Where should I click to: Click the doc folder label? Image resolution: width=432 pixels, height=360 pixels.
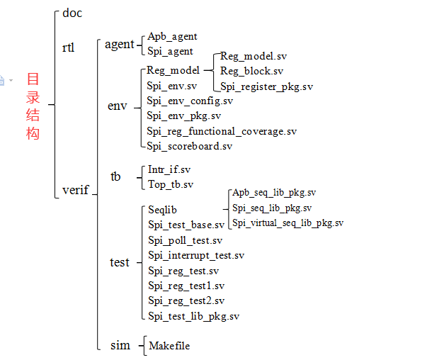pos(72,13)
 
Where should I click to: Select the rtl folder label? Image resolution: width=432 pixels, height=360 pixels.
pos(69,48)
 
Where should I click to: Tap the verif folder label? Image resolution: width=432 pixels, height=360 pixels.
pos(75,190)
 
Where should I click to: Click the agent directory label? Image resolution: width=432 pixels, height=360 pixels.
pos(119,44)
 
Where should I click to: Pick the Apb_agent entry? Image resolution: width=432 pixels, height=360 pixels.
pos(172,37)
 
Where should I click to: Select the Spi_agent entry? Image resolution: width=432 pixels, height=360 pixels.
pos(170,51)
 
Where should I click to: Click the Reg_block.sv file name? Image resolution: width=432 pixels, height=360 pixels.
pos(251,71)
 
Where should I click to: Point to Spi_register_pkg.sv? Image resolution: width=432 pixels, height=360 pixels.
pos(266,86)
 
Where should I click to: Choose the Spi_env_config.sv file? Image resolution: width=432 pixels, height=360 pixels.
pos(190,101)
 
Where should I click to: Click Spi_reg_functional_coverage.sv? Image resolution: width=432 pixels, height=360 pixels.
pos(222,131)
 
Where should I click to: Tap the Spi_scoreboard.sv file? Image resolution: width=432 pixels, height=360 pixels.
pos(189,146)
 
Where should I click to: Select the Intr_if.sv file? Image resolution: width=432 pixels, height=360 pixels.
pos(169,170)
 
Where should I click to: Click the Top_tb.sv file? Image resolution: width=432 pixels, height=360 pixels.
pos(171,184)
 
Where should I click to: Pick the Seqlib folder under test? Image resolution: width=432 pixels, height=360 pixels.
pos(163,210)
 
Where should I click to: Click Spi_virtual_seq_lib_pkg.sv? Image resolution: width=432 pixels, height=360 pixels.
pos(288,223)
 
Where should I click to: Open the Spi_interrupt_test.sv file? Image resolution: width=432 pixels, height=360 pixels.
pos(196,255)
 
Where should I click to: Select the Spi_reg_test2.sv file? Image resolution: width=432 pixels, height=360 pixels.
pos(186,300)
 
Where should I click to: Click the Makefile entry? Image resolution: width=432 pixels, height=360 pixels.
pos(169,346)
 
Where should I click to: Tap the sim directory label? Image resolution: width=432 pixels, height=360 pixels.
pos(120,346)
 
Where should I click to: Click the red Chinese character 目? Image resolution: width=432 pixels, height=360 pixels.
pos(33,79)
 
